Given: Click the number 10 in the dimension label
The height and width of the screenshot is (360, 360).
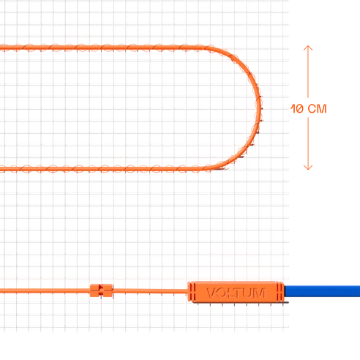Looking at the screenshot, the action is click(297, 109).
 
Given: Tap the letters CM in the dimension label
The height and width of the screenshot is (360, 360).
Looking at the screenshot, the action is click(317, 109).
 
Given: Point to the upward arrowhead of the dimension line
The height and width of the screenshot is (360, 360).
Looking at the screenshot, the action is click(308, 48).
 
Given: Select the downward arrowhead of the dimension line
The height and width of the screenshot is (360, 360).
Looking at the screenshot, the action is click(308, 167).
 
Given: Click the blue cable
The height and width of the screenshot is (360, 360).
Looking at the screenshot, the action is click(322, 291).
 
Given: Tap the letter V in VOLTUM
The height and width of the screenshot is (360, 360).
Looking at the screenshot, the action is click(211, 293).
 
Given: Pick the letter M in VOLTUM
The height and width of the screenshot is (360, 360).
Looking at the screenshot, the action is click(259, 293).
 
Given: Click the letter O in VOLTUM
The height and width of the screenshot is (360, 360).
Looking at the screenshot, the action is click(222, 293).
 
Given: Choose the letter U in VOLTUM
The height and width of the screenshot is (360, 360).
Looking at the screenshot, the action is click(249, 293).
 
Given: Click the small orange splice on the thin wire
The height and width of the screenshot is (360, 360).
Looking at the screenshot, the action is click(102, 290).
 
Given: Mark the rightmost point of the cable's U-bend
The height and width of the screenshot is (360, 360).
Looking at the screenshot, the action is click(260, 108).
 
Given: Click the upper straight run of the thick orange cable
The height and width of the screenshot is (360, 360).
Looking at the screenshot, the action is click(102, 48).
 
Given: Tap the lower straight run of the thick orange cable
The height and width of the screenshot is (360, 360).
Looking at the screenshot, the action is click(102, 168).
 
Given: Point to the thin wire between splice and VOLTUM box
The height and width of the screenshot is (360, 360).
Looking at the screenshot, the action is click(150, 290).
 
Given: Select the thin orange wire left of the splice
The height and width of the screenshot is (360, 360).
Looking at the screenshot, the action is click(45, 290).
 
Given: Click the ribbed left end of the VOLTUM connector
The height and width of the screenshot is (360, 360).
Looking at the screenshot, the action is click(191, 291).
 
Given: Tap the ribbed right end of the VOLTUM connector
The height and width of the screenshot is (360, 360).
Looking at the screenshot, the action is click(281, 292).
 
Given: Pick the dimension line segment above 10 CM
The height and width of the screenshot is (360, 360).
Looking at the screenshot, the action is click(308, 72).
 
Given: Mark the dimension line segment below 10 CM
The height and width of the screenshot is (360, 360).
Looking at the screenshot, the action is click(308, 143).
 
